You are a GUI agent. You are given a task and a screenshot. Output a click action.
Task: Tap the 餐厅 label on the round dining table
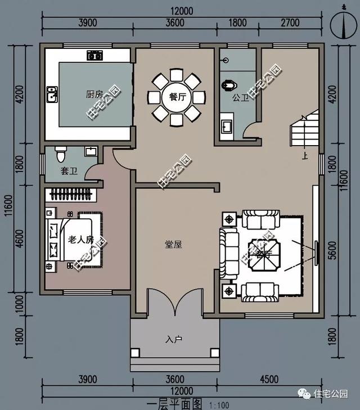pos(177,96)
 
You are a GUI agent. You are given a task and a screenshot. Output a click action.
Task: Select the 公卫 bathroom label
pos(240,97)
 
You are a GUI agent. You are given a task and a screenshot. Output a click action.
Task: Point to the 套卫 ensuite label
pos(69,170)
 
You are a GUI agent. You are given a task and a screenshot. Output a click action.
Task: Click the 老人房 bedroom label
pos(80,240)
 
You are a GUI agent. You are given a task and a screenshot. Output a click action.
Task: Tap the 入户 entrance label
pos(174,340)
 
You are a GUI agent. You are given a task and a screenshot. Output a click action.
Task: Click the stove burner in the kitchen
pos(94,55)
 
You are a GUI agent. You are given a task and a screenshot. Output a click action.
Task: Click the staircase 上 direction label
pos(304,157)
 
